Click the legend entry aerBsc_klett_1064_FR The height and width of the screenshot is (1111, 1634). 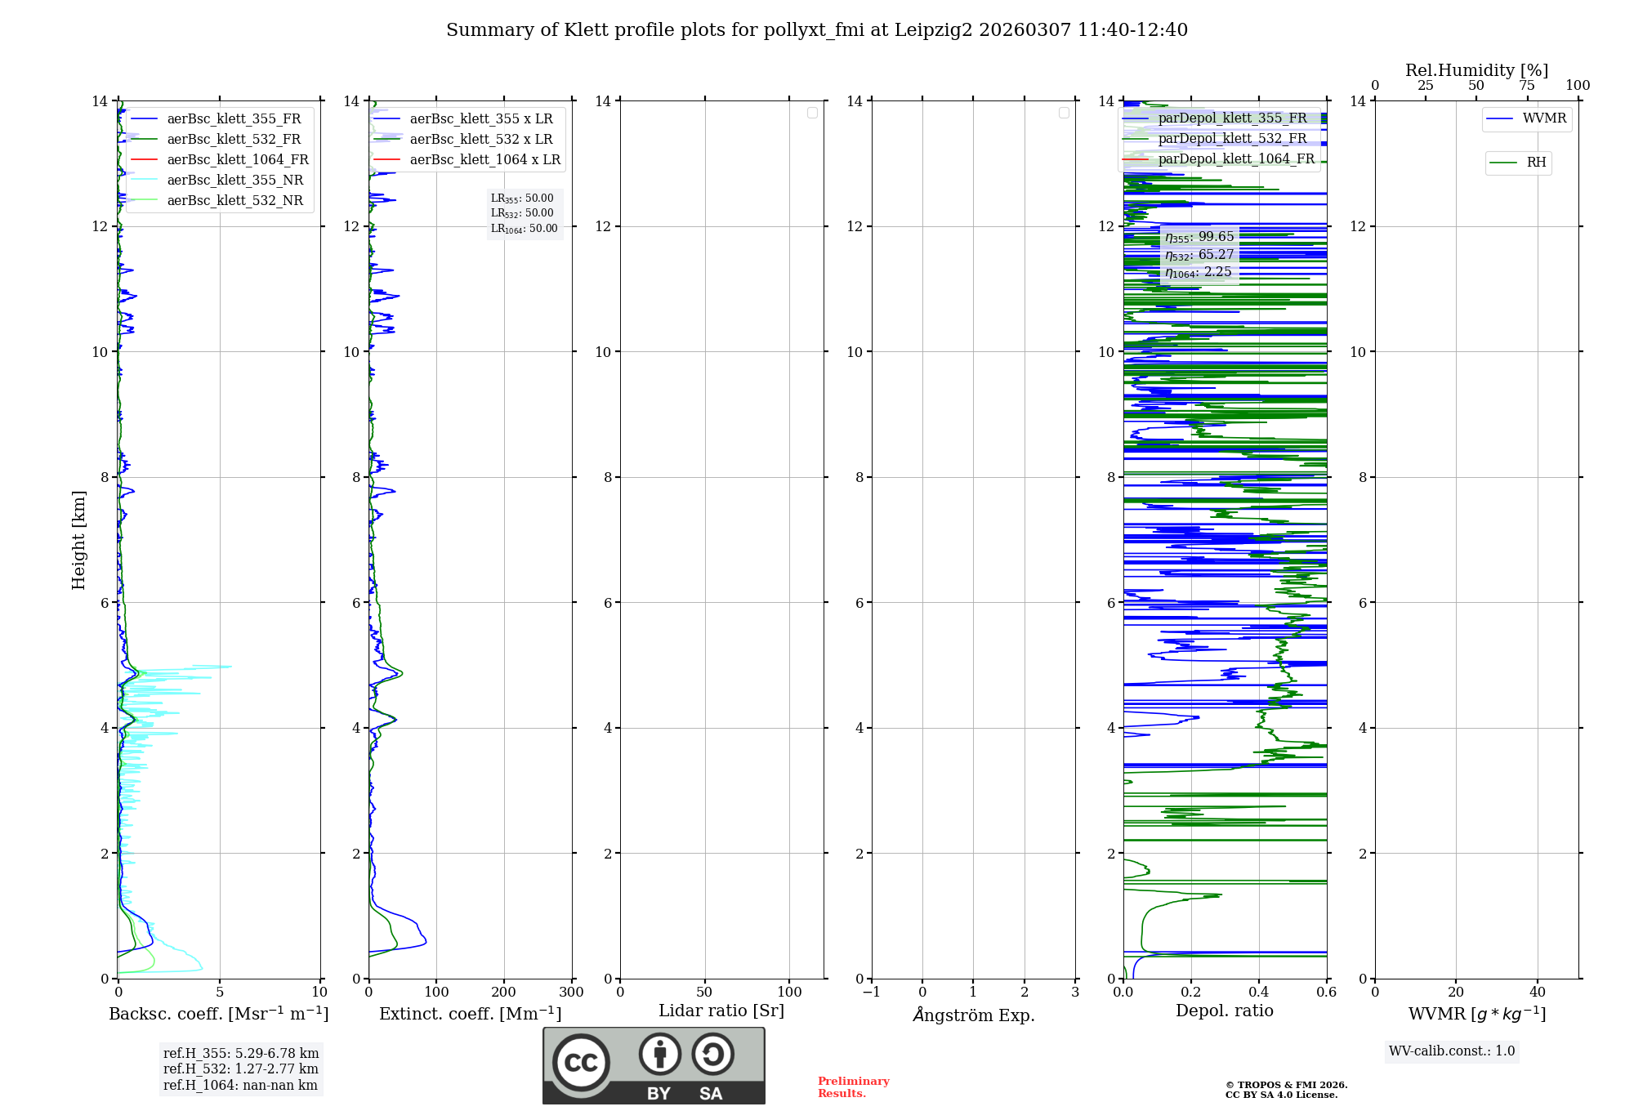(237, 160)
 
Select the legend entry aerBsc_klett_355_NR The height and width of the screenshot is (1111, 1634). (234, 181)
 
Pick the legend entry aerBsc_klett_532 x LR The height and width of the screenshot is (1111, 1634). (480, 140)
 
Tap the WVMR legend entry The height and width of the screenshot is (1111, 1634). (1543, 118)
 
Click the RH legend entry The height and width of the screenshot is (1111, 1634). (1535, 163)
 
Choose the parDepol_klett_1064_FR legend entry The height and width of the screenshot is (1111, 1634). (1235, 159)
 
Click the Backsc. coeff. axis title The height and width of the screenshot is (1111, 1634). (218, 1014)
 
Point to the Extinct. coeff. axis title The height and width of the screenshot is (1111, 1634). (470, 1014)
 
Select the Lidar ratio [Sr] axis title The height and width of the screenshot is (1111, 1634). (721, 1011)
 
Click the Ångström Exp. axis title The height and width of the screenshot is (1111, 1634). (973, 1015)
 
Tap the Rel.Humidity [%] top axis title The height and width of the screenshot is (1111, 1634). (1476, 70)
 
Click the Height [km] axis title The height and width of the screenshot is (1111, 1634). (78, 539)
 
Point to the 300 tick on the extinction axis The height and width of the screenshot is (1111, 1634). (571, 993)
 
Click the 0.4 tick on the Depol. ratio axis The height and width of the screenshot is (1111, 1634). (1259, 993)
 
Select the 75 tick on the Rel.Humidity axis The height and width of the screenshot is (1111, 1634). (1527, 86)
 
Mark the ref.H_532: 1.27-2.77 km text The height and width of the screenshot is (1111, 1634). (240, 1069)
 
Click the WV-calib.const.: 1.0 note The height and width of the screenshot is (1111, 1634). (1452, 1051)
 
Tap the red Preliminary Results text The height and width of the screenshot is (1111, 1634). (853, 1087)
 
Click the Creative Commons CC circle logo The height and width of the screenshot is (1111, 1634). (581, 1063)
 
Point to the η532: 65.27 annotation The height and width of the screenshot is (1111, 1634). (1199, 255)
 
